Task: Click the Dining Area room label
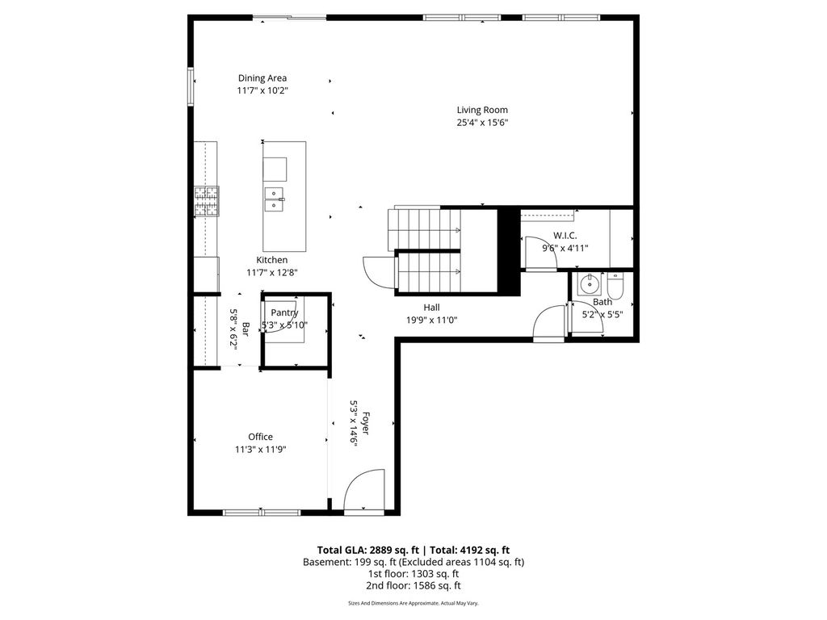coord(262,78)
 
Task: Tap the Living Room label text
coord(482,110)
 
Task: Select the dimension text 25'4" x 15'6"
coord(482,123)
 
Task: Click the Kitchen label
coord(271,260)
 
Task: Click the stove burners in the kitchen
coord(207,201)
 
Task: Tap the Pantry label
coord(284,312)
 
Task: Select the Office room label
coord(261,437)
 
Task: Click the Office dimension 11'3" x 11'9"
coord(261,450)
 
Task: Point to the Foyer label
coord(366,423)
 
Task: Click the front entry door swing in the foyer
coord(364,489)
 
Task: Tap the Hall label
coord(431,308)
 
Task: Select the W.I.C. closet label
coord(565,236)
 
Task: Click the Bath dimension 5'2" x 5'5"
coord(602,315)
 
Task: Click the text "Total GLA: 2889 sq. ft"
coord(368,551)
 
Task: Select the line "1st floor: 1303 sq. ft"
coord(413,574)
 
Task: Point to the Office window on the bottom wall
coord(262,513)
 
